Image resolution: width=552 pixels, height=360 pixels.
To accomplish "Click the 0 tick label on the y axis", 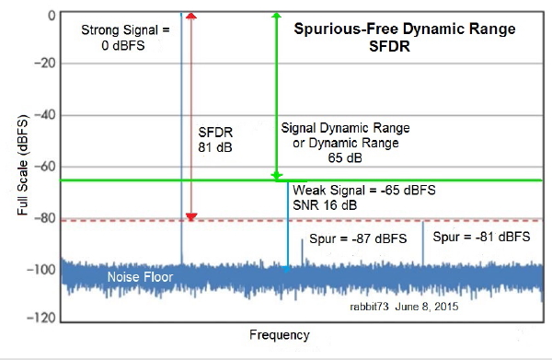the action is click(52, 16).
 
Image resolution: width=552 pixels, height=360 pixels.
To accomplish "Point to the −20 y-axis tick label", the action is click(45, 64).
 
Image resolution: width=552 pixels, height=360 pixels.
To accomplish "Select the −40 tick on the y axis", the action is click(45, 115).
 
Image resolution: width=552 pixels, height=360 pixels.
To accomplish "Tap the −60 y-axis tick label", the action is click(45, 167).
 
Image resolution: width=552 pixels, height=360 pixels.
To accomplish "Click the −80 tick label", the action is click(45, 218).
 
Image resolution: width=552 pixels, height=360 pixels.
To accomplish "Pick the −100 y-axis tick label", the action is click(41, 270).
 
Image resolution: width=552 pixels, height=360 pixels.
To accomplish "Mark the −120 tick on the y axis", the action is click(41, 318).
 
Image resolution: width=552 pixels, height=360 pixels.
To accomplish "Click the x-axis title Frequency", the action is click(280, 334).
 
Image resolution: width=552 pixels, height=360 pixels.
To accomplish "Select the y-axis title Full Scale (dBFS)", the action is click(22, 165).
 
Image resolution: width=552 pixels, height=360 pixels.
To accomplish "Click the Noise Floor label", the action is click(140, 277).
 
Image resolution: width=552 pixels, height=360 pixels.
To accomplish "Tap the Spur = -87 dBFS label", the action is click(358, 238).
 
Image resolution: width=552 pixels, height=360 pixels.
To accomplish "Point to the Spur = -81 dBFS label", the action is click(481, 237).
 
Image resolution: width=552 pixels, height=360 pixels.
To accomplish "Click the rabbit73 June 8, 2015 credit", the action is click(404, 307).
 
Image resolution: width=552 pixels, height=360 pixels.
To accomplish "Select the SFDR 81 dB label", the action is click(215, 140).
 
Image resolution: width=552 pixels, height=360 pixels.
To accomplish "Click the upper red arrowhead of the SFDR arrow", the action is click(190, 16).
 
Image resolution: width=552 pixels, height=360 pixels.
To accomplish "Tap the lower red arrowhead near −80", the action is click(191, 216).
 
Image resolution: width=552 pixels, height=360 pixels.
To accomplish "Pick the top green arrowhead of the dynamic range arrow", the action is click(277, 15).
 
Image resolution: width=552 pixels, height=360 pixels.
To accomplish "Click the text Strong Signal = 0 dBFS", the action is click(125, 38).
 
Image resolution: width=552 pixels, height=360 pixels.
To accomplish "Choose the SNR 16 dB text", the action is click(325, 205).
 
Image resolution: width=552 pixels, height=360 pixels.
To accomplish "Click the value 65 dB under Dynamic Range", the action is click(345, 157).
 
